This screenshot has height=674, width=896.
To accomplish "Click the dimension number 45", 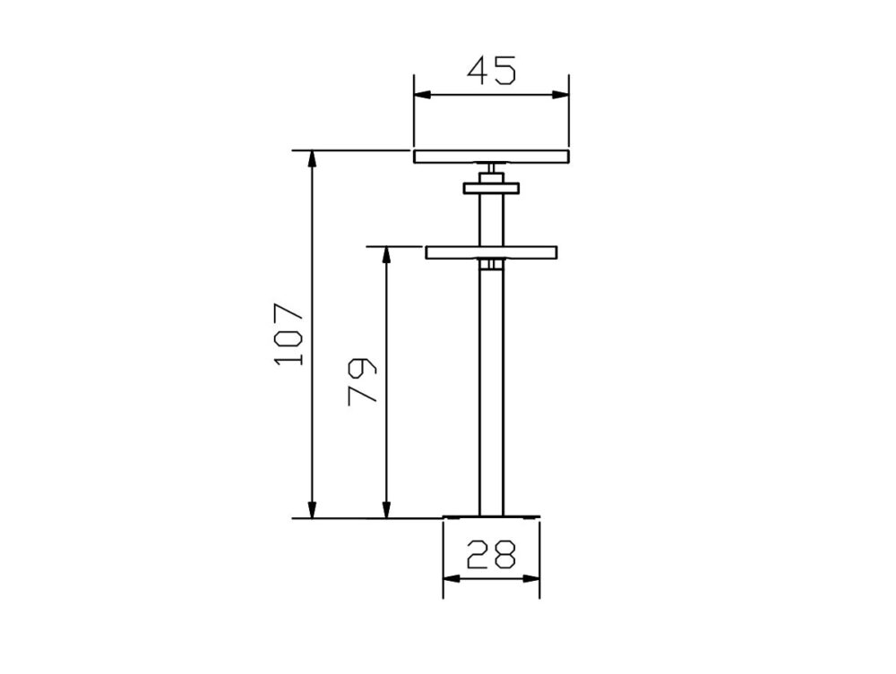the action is (491, 70).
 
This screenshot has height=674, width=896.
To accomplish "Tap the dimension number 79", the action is (362, 381).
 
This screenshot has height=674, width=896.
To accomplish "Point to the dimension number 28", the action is (491, 554).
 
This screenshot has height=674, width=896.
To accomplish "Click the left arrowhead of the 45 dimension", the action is (422, 95).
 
